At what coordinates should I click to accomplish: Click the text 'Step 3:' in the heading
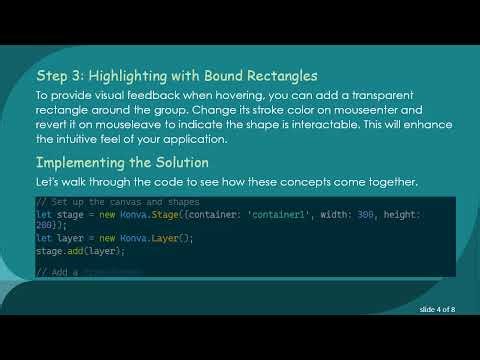point(61,75)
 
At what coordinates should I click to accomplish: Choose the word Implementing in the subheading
point(86,161)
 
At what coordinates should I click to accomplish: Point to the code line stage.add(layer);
point(74,250)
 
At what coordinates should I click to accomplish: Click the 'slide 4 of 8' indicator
point(438,311)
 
